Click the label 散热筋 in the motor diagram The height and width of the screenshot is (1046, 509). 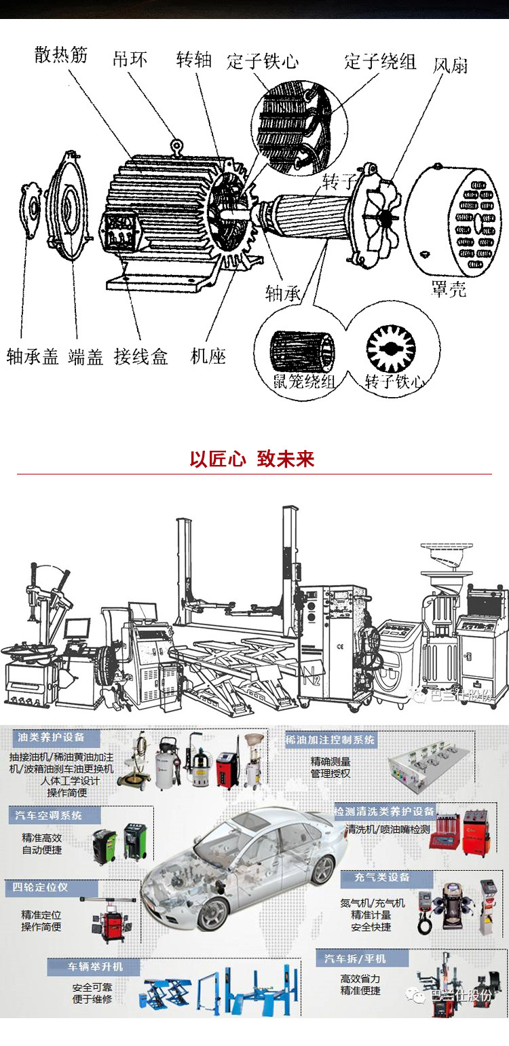(x=61, y=55)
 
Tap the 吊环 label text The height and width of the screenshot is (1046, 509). (x=130, y=58)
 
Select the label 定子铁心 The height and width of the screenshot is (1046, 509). (x=263, y=61)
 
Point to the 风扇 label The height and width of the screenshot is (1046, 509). (x=450, y=66)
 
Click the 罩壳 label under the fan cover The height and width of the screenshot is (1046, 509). (x=449, y=289)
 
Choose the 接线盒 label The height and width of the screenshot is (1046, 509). (x=140, y=356)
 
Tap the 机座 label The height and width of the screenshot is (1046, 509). (x=208, y=355)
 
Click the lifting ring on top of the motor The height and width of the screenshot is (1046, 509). (x=178, y=145)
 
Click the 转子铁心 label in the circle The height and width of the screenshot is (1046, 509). (x=394, y=381)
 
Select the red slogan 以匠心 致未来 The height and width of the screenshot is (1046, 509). (x=252, y=460)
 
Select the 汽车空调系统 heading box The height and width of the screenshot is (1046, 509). (x=48, y=815)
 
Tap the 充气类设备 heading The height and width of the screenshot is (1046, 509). (x=382, y=878)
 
